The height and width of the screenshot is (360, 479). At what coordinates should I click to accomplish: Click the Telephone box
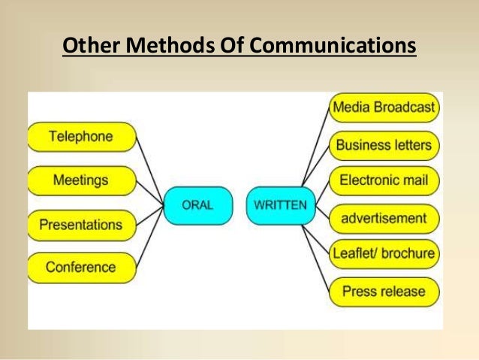tap(81, 137)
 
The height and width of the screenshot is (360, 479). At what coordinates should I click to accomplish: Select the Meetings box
tap(81, 180)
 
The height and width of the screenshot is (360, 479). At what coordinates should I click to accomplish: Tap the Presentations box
tap(81, 224)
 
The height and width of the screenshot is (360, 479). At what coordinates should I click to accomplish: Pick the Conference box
tap(81, 267)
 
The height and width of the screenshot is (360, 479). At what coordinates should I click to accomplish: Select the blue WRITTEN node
tap(280, 204)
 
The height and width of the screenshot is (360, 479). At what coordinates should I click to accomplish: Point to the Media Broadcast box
tap(384, 108)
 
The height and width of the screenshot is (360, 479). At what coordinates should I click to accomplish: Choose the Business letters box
tap(384, 144)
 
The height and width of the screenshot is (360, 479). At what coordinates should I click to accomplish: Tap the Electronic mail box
tap(384, 180)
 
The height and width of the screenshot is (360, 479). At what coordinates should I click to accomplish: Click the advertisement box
tap(384, 218)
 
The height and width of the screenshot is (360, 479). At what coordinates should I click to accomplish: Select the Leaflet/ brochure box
tap(384, 253)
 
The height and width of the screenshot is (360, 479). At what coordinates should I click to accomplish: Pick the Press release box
tap(384, 291)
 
